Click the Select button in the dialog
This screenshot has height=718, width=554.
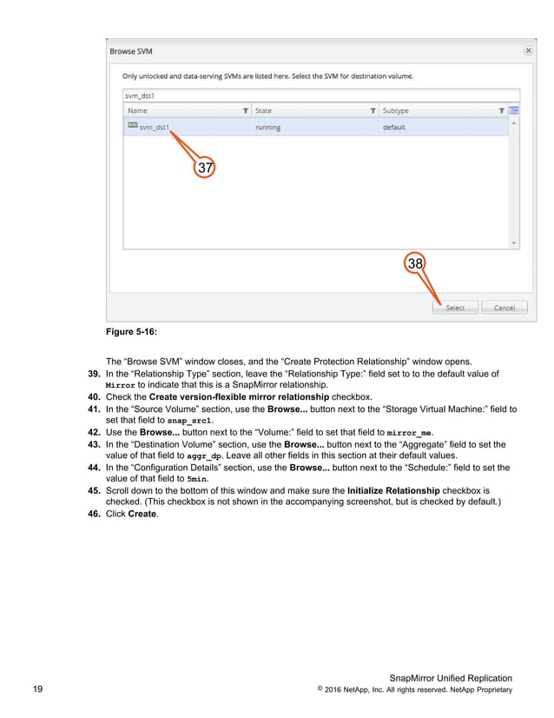pos(455,308)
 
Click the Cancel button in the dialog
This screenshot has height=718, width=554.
pos(504,308)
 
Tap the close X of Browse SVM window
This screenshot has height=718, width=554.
pos(528,50)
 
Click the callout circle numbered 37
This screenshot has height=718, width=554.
pos(204,167)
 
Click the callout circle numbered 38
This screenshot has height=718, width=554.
pos(416,263)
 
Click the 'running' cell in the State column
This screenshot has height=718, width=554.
pos(267,128)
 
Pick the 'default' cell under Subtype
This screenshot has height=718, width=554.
pos(395,128)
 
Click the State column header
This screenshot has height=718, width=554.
pos(263,110)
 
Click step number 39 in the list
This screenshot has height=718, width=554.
pos(89,373)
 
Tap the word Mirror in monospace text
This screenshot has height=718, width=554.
pos(120,384)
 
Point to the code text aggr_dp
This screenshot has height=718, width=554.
pos(204,455)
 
